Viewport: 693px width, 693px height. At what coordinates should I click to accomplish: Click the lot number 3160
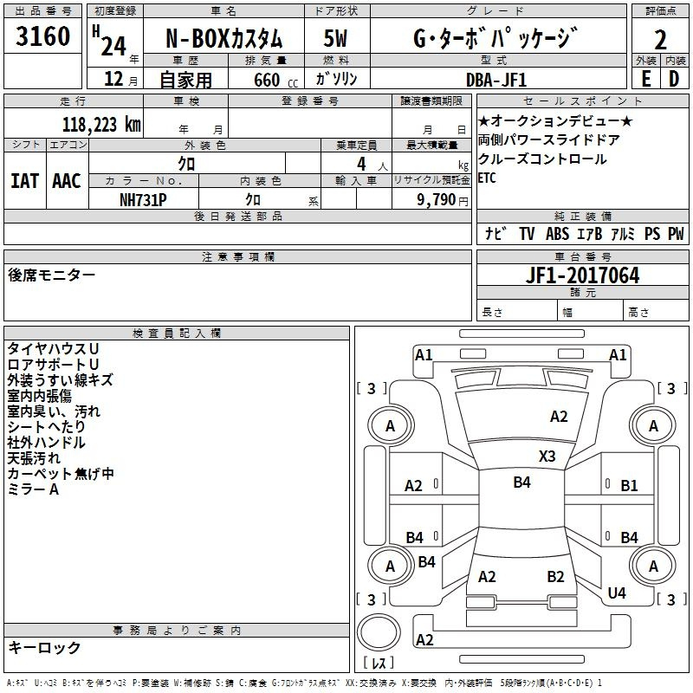pyautogui.click(x=43, y=38)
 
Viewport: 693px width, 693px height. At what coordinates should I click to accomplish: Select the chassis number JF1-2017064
pyautogui.click(x=559, y=275)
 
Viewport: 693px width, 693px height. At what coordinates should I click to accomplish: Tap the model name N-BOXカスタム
pyautogui.click(x=224, y=39)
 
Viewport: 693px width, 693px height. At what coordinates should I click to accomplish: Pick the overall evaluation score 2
pyautogui.click(x=661, y=39)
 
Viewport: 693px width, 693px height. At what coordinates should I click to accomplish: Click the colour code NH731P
pyautogui.click(x=144, y=198)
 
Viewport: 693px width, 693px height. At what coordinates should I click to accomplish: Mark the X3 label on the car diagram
pyautogui.click(x=547, y=456)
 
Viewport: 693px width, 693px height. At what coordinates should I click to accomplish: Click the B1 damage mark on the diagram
pyautogui.click(x=629, y=486)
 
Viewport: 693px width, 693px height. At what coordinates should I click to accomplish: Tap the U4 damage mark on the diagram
pyautogui.click(x=617, y=593)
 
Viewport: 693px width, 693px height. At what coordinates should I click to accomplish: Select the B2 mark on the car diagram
pyautogui.click(x=555, y=576)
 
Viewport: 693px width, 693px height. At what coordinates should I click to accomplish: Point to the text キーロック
pyautogui.click(x=44, y=647)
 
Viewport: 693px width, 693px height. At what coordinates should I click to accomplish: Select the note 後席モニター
pyautogui.click(x=51, y=275)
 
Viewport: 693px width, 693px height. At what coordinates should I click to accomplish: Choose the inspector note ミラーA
pyautogui.click(x=33, y=489)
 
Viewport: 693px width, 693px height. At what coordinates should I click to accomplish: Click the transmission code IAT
pyautogui.click(x=24, y=180)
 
